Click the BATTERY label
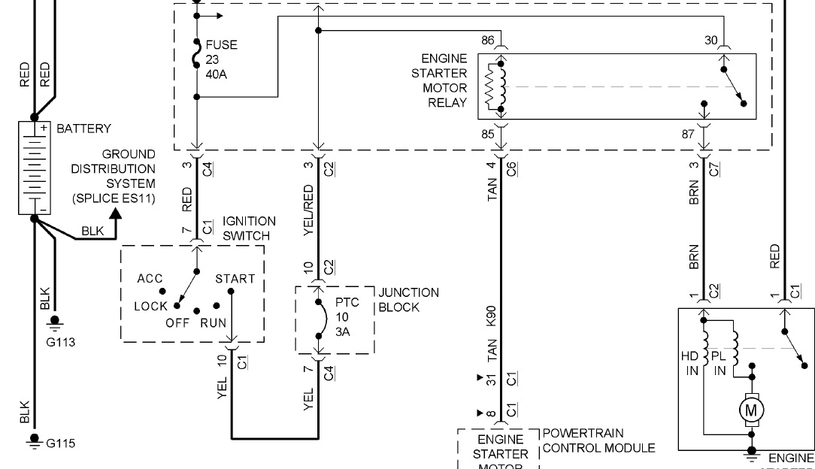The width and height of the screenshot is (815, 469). click(83, 129)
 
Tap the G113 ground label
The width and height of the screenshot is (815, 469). click(59, 342)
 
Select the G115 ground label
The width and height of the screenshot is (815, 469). click(61, 443)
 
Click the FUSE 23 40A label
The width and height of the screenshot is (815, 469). click(220, 60)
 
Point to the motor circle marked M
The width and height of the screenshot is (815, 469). click(750, 410)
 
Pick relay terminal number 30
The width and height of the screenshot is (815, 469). click(711, 40)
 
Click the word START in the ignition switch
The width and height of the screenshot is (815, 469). click(235, 279)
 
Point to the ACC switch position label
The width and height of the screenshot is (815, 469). click(150, 279)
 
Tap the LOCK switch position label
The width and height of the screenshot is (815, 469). click(150, 307)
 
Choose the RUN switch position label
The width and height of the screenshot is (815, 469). click(213, 323)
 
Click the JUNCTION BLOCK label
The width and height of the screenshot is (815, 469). click(408, 300)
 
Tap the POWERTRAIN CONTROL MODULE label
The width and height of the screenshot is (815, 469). click(598, 441)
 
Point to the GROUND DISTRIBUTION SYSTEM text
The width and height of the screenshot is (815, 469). click(114, 176)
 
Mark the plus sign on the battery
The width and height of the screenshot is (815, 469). click(44, 129)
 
